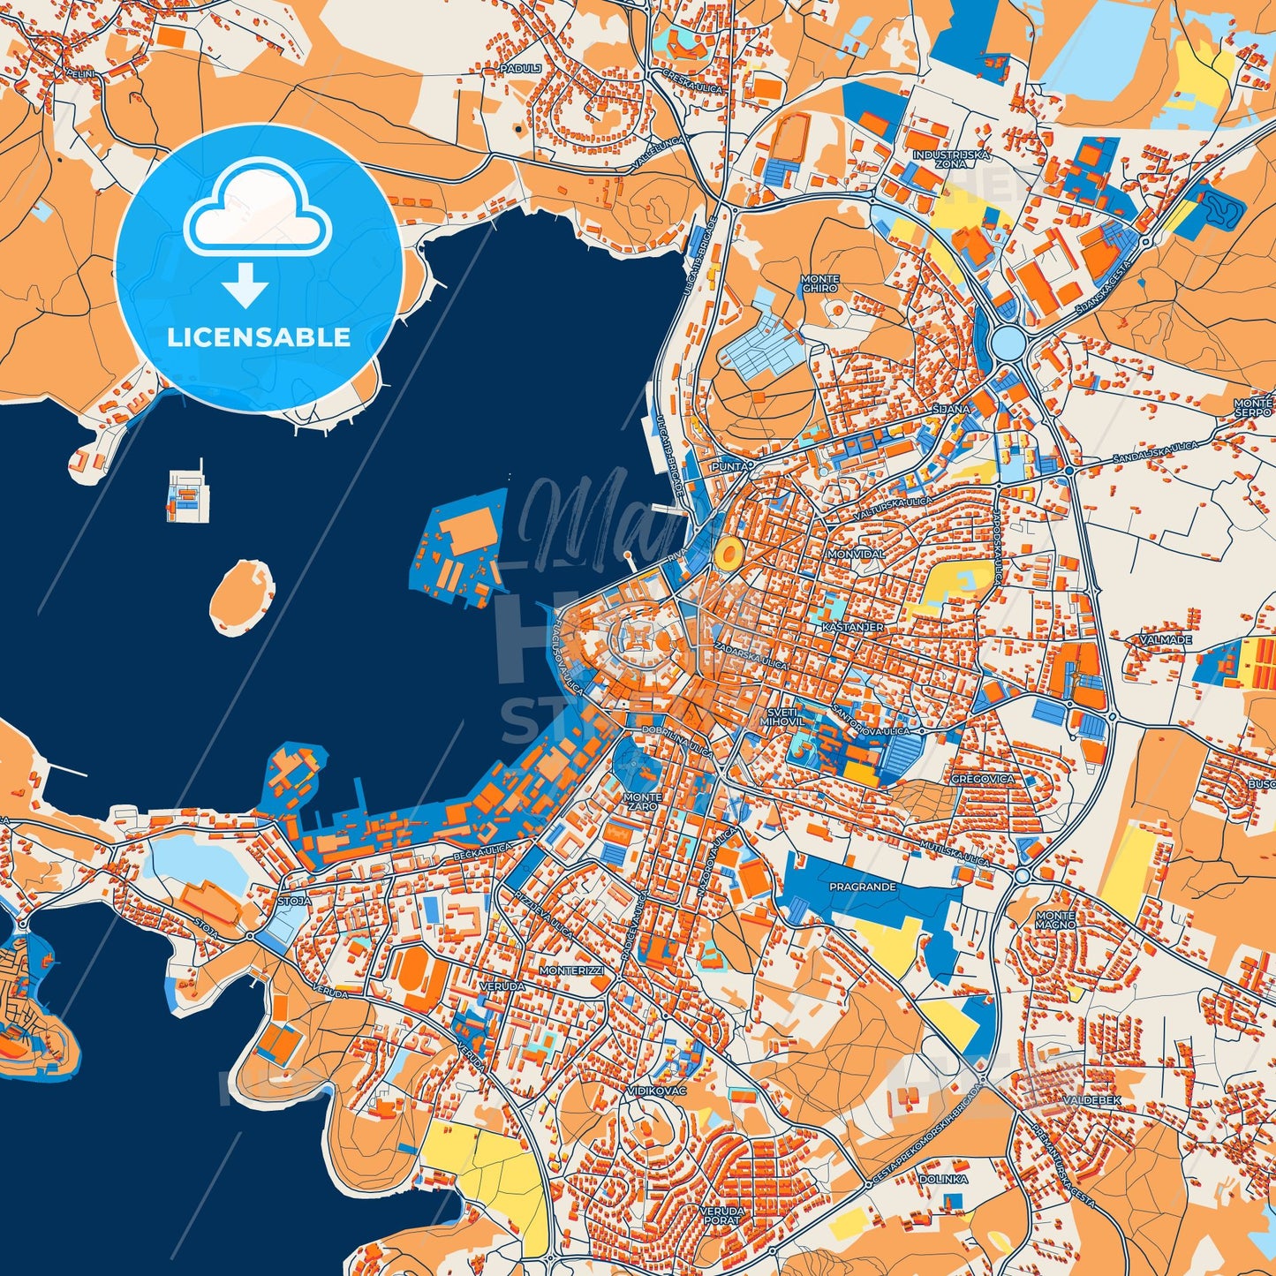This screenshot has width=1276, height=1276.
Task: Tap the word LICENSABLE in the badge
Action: coord(259,337)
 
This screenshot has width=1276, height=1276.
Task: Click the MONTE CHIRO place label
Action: coord(819,283)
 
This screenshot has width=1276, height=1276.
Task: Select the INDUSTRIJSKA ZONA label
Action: coord(951,159)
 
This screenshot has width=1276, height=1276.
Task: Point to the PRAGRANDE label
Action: coord(862,887)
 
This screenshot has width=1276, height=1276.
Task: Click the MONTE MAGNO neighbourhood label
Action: coord(1055,920)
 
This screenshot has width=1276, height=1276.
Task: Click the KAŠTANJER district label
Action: coord(852,627)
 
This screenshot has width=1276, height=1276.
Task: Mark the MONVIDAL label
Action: coord(855,554)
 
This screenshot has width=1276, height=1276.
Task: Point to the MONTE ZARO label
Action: coord(641,802)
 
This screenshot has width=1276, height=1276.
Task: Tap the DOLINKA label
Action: coord(943,1179)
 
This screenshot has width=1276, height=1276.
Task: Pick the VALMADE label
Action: coord(1166,639)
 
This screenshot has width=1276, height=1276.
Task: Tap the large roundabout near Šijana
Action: coord(1007,339)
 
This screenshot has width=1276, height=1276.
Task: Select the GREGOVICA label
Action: coord(983,780)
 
